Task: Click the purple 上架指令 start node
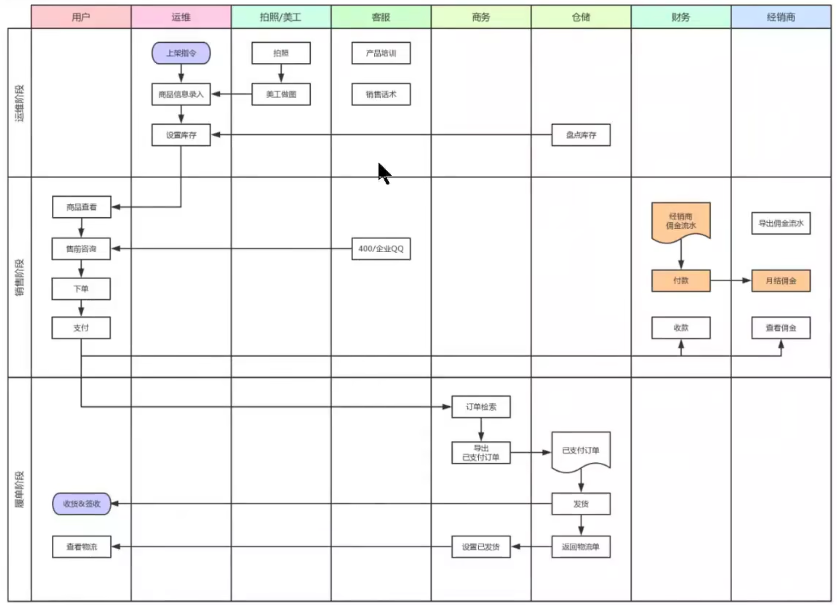pyautogui.click(x=181, y=53)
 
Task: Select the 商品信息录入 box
pyautogui.click(x=181, y=94)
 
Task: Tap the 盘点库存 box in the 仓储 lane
pyautogui.click(x=581, y=135)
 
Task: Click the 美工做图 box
pyautogui.click(x=281, y=94)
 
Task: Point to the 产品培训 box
pyautogui.click(x=381, y=53)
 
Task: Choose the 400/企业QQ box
pyautogui.click(x=381, y=249)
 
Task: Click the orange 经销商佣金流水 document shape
pyautogui.click(x=680, y=221)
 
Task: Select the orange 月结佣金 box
pyautogui.click(x=781, y=281)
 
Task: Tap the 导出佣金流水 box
pyautogui.click(x=781, y=223)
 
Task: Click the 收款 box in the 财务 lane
pyautogui.click(x=680, y=328)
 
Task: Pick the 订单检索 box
pyautogui.click(x=481, y=407)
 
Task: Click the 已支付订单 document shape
pyautogui.click(x=581, y=450)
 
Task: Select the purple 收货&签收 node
pyautogui.click(x=81, y=504)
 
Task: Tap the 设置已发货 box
pyautogui.click(x=481, y=547)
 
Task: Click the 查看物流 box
pyautogui.click(x=81, y=547)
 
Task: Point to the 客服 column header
pyautogui.click(x=381, y=17)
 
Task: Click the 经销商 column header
pyautogui.click(x=781, y=17)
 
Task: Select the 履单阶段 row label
pyautogui.click(x=19, y=489)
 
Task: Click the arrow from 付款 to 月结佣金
pyautogui.click(x=730, y=281)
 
